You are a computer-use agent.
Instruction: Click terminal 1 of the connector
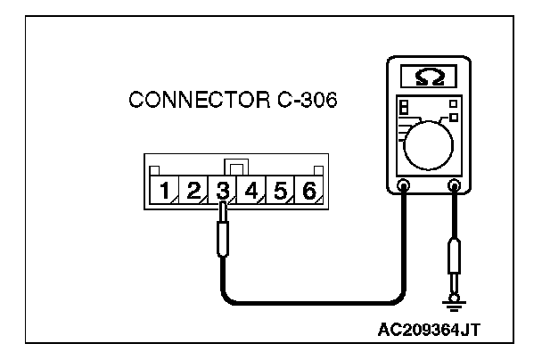[x=165, y=190]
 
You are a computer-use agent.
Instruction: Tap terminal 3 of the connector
[x=222, y=190]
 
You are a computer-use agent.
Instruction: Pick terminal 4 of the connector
[x=251, y=190]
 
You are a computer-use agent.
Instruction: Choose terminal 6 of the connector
[x=308, y=190]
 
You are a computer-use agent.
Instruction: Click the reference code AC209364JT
[x=429, y=329]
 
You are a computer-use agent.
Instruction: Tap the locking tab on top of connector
[x=236, y=167]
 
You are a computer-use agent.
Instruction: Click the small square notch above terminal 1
[x=154, y=171]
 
